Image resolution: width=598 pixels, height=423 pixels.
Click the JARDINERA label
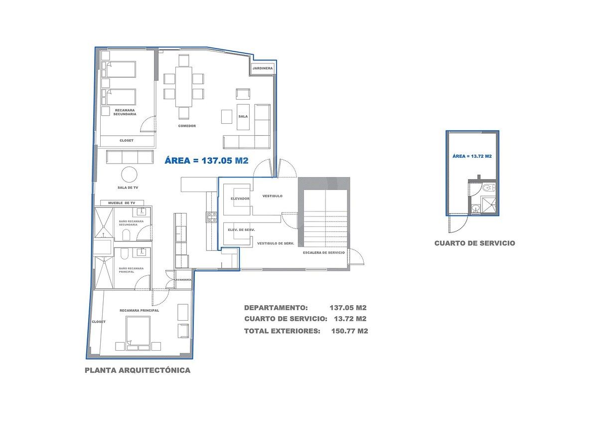tap(263, 68)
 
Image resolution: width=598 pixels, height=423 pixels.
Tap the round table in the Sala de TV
tap(129, 175)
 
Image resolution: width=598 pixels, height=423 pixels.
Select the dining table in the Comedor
tap(184, 87)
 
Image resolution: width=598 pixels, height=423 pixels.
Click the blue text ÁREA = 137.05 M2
tap(207, 160)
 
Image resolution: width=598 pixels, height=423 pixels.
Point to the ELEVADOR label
tap(240, 199)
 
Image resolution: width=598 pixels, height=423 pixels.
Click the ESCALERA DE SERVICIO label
tap(323, 252)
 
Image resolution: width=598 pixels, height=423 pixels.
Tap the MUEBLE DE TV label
tap(122, 203)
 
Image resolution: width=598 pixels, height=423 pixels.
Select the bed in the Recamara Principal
tap(138, 333)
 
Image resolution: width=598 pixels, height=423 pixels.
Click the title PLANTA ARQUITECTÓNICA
tap(138, 370)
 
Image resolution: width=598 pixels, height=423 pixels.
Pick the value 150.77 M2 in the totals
tap(350, 331)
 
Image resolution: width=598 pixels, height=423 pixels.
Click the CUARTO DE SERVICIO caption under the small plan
tap(474, 243)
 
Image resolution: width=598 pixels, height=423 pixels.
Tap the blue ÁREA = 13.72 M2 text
tap(472, 156)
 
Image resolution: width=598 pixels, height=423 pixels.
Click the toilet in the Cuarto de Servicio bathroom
tap(489, 188)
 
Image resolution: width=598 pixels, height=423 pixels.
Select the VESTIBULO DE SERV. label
tap(276, 243)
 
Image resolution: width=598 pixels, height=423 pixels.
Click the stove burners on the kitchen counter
tap(212, 216)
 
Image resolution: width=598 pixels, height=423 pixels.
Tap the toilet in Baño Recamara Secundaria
tap(126, 235)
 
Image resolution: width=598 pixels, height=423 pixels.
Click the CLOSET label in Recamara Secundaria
tap(127, 140)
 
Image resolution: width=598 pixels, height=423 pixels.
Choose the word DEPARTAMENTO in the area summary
tap(276, 308)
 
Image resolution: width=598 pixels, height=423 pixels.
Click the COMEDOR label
tap(187, 126)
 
